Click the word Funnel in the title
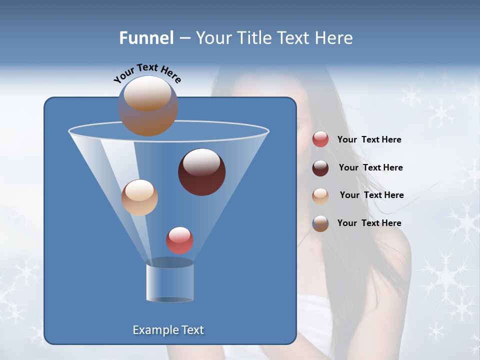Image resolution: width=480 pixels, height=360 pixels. (146, 38)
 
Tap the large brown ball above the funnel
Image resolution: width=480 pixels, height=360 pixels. (147, 105)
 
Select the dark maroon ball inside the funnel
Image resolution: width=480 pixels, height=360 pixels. (202, 172)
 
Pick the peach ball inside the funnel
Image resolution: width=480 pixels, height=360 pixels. (139, 197)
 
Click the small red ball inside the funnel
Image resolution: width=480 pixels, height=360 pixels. (179, 240)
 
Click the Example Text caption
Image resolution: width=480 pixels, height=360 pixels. (168, 330)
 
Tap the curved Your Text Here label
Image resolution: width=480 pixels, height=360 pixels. (147, 73)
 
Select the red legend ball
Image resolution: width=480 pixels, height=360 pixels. (320, 139)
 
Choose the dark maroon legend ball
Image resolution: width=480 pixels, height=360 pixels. (320, 167)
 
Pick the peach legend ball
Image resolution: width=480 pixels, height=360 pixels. (320, 195)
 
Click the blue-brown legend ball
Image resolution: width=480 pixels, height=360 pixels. (320, 223)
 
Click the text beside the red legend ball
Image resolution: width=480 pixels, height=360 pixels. (369, 140)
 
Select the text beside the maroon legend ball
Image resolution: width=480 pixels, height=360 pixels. (370, 168)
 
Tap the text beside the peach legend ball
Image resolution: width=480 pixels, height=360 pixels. (371, 195)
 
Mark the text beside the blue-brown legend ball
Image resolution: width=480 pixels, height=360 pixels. (369, 223)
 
